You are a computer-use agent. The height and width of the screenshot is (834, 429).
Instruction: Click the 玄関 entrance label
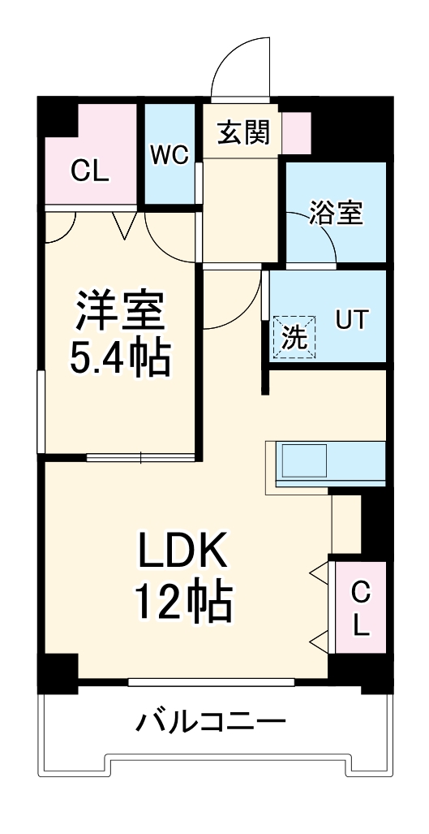(x=243, y=132)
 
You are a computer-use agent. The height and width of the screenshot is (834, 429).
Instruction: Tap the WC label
(x=169, y=153)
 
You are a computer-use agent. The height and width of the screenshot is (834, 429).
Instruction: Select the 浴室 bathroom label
(x=336, y=214)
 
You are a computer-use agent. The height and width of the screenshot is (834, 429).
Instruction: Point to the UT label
(x=351, y=320)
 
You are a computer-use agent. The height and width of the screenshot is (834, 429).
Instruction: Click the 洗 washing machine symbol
(x=294, y=336)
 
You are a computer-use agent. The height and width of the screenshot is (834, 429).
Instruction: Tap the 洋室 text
(x=121, y=308)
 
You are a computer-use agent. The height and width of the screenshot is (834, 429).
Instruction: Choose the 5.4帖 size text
(x=121, y=357)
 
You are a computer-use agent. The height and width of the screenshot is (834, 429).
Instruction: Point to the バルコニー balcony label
(x=210, y=720)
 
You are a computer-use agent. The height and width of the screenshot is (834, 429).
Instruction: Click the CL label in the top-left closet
(x=90, y=171)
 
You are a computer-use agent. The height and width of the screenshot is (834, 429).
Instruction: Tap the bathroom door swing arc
(x=321, y=244)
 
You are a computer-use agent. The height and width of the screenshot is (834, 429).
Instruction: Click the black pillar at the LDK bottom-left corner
(x=57, y=672)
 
